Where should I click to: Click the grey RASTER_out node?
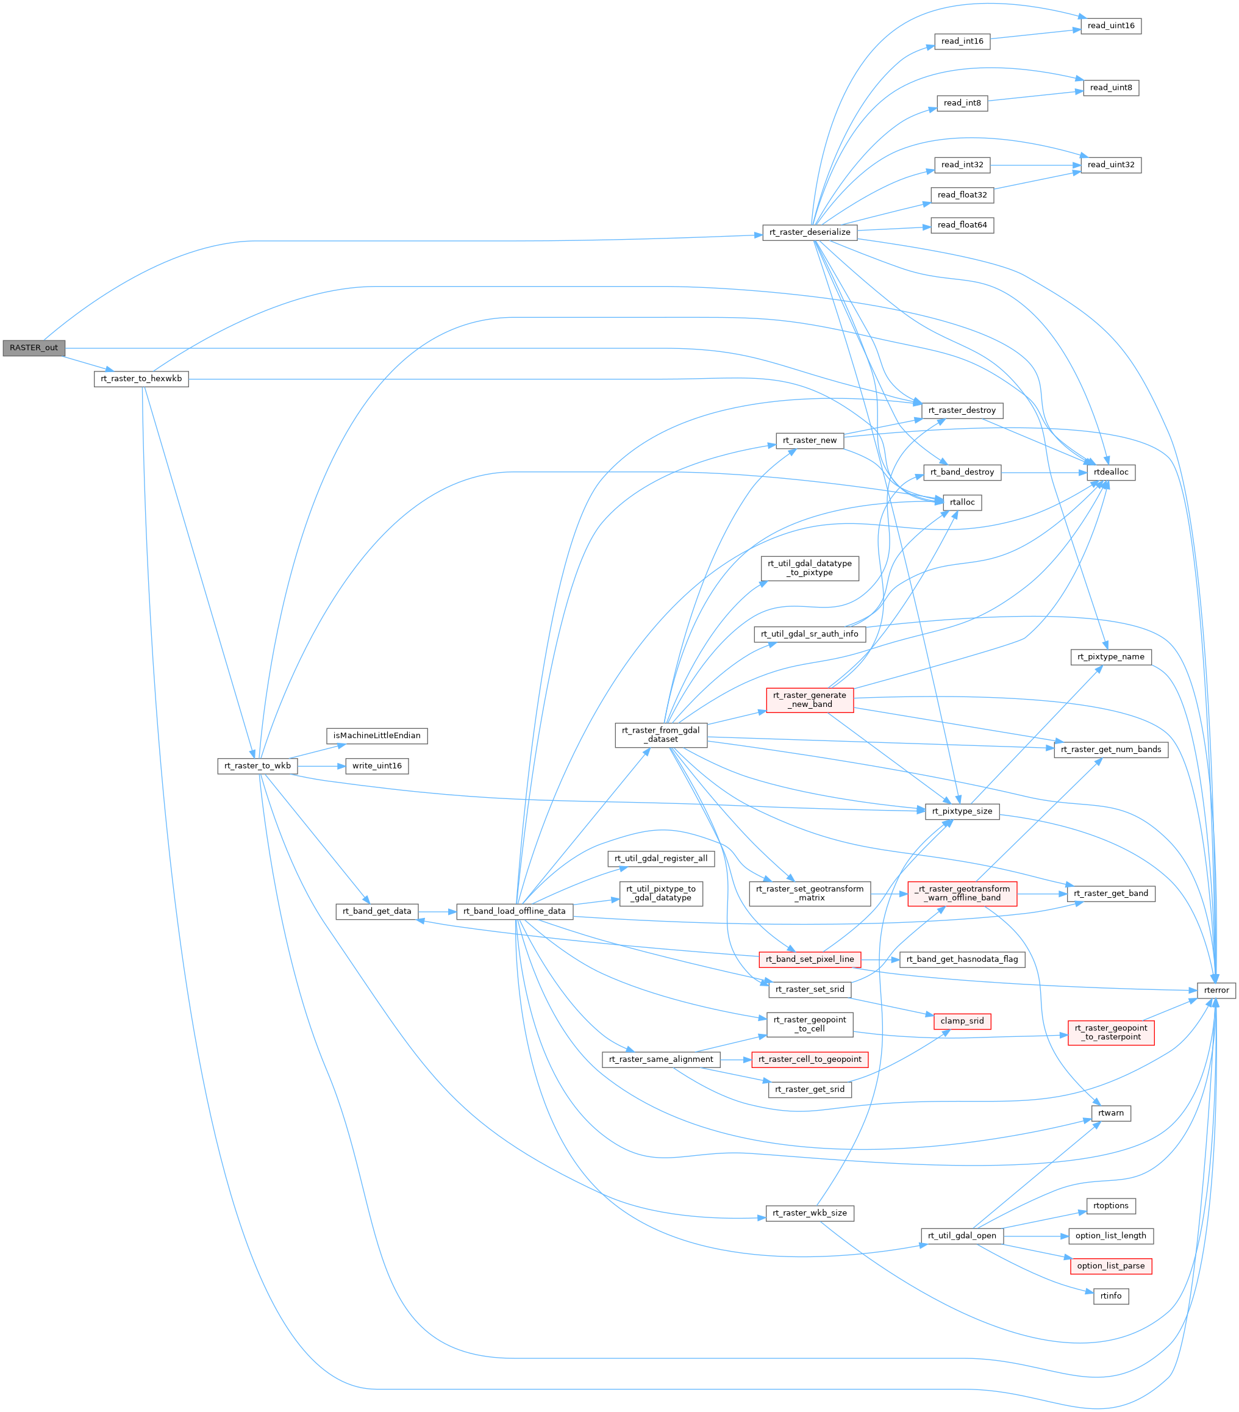pyautogui.click(x=33, y=348)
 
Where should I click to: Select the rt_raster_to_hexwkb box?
pyautogui.click(x=141, y=379)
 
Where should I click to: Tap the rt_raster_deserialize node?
pyautogui.click(x=809, y=232)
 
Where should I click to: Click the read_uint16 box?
pyautogui.click(x=1110, y=26)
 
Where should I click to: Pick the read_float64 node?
pyautogui.click(x=962, y=225)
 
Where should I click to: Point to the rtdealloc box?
pyautogui.click(x=1110, y=473)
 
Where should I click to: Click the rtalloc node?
pyautogui.click(x=962, y=502)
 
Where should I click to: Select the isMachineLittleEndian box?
pyautogui.click(x=376, y=736)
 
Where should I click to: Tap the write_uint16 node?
pyautogui.click(x=376, y=766)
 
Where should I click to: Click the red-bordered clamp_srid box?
pyautogui.click(x=962, y=1021)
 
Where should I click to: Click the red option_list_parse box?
pyautogui.click(x=1110, y=1266)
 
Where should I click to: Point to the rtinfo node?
pyautogui.click(x=1110, y=1296)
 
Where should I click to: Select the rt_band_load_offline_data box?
pyautogui.click(x=514, y=911)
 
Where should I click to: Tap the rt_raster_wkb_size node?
pyautogui.click(x=809, y=1213)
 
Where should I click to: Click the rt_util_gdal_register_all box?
pyautogui.click(x=661, y=859)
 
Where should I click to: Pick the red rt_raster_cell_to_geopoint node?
pyautogui.click(x=809, y=1059)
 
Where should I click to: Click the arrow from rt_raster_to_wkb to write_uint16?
pyautogui.click(x=321, y=766)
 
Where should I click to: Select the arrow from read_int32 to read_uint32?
pyautogui.click(x=1035, y=165)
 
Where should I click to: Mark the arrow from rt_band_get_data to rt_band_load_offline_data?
pyautogui.click(x=437, y=912)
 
